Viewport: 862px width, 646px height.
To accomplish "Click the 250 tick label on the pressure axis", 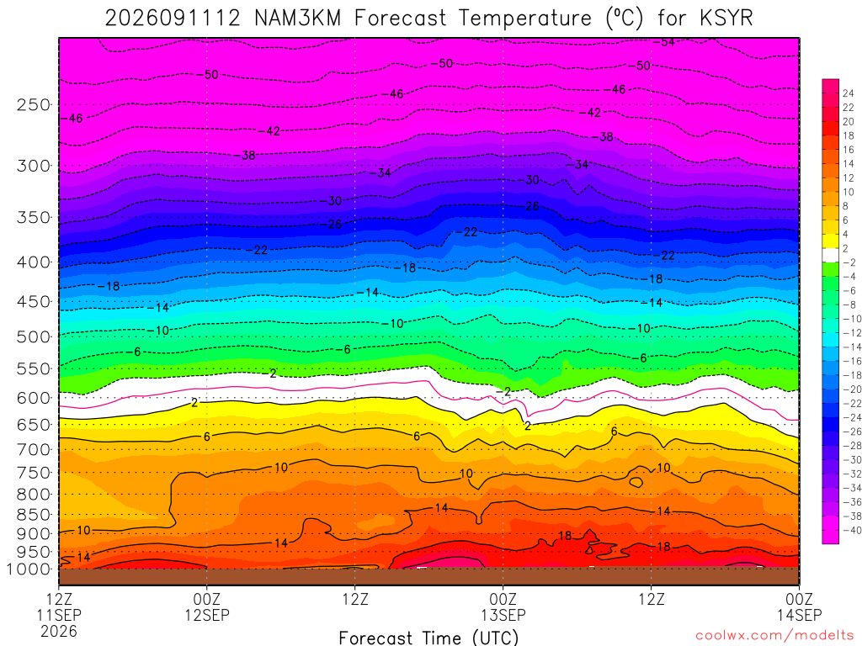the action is coord(34,104).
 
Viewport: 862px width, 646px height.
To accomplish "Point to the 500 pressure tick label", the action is coord(34,336).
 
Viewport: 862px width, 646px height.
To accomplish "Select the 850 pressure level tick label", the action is coord(34,515).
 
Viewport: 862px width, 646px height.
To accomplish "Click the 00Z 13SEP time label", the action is coord(503,606).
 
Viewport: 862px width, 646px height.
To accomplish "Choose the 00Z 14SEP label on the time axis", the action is coord(800,606).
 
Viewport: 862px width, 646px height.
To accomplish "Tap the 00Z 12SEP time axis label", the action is coord(207,606).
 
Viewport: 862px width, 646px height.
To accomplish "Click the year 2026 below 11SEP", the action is coord(59,631).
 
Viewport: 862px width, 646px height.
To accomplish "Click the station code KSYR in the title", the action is coord(726,19).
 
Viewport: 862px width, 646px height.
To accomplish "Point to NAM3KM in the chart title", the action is coord(297,19).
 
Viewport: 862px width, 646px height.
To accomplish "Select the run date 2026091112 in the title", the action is coord(173,19).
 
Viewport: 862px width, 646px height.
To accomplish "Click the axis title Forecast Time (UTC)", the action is coord(428,638).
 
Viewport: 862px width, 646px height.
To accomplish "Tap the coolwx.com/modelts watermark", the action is coord(774,636).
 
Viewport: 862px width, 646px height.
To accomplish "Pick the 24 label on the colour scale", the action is coord(849,93).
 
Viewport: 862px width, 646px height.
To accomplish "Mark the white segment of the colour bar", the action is coord(830,255).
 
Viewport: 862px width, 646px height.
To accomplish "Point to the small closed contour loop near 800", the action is coord(636,482).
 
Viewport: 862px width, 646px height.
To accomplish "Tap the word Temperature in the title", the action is coord(524,19).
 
